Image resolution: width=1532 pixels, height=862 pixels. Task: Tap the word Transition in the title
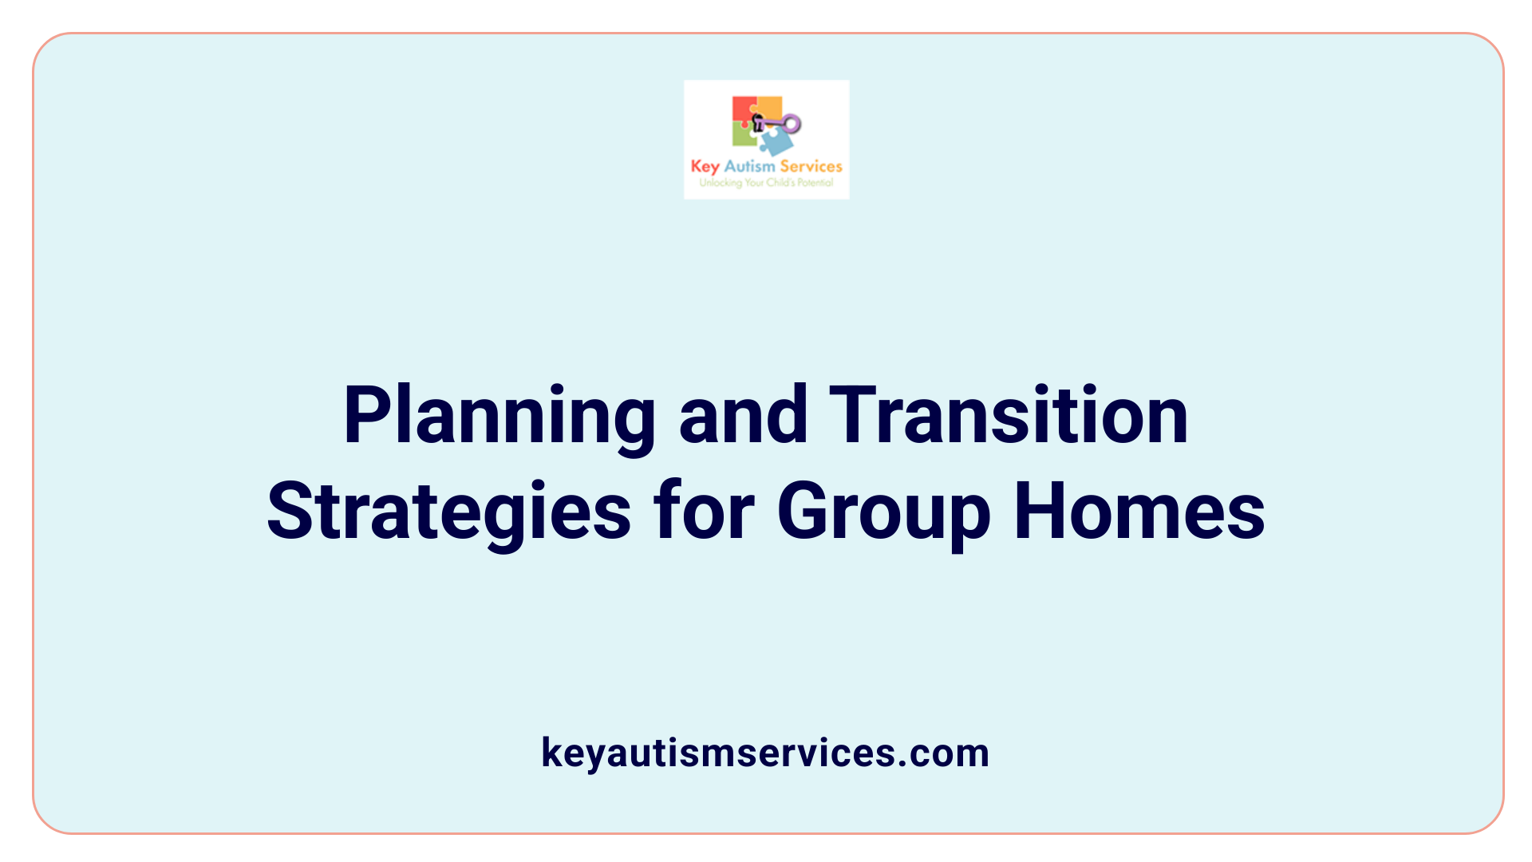point(1009,416)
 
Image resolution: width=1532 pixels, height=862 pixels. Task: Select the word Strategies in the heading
point(448,512)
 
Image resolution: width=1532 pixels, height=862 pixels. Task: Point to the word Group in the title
point(883,512)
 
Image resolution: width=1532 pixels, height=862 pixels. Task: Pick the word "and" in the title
point(744,416)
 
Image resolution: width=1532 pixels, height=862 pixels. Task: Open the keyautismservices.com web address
point(765,753)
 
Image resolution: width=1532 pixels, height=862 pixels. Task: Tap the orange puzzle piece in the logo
point(769,107)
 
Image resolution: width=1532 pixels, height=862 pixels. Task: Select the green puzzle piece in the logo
point(744,136)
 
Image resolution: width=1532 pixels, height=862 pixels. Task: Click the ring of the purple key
point(792,124)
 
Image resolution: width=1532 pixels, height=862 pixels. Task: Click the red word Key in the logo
point(705,167)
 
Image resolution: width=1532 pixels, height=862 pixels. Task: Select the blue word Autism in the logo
point(749,167)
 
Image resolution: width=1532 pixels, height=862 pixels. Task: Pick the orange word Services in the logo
point(811,167)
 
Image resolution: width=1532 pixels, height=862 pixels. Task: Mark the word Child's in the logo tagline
point(780,183)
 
